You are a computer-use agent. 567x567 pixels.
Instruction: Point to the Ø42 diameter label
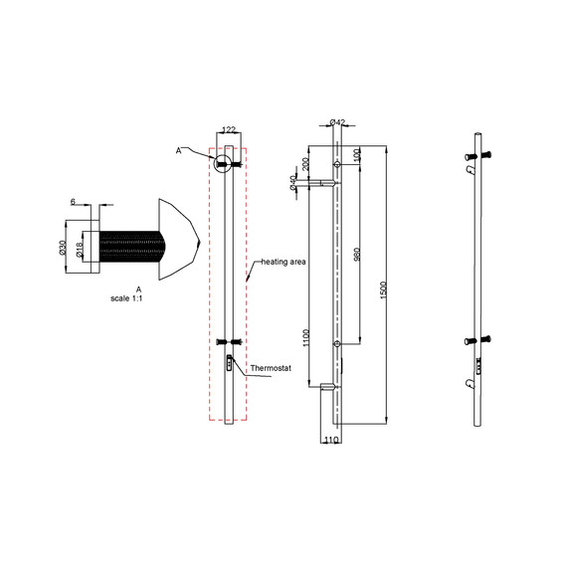point(336,123)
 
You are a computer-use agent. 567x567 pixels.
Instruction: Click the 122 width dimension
point(228,130)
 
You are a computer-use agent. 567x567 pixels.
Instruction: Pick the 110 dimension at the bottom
point(331,439)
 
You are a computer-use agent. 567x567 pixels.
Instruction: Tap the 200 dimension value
point(306,164)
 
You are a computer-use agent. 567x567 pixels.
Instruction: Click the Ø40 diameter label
point(293,182)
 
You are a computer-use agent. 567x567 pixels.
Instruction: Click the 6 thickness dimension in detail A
point(73,202)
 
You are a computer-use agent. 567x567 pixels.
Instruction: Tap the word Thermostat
point(270,368)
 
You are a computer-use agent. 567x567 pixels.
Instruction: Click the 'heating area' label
point(283,262)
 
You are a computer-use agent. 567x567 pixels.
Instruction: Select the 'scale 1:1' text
point(126,297)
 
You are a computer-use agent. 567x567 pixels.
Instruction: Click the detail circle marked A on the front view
point(223,162)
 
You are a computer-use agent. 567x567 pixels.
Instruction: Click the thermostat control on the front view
point(230,362)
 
